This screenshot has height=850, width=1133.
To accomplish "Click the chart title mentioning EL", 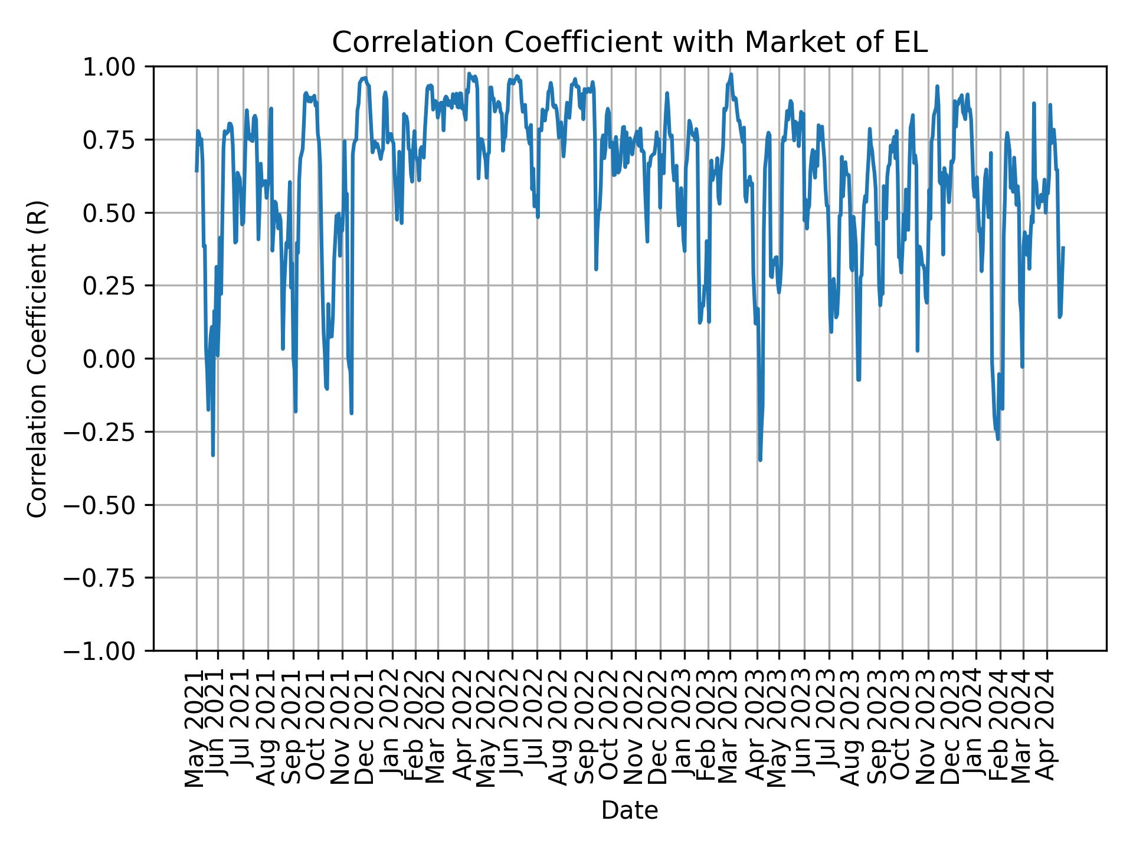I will click(630, 42).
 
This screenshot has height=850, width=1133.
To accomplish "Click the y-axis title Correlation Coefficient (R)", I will click(37, 358).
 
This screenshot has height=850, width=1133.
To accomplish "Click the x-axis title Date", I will click(630, 810).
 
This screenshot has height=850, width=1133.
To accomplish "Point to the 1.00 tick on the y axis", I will click(116, 67).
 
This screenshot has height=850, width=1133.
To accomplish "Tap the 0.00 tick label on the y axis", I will click(116, 359).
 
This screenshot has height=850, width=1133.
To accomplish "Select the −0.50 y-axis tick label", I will click(107, 505).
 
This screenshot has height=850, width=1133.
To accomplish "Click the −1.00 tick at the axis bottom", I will click(107, 650).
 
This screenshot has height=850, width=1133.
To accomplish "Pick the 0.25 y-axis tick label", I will click(116, 286).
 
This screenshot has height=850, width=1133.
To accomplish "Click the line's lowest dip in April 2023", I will click(760, 460).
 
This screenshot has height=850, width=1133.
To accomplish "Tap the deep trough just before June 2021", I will click(212, 455).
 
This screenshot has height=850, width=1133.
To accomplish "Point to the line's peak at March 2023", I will click(731, 74).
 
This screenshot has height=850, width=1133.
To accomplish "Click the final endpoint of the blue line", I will click(1063, 247).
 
